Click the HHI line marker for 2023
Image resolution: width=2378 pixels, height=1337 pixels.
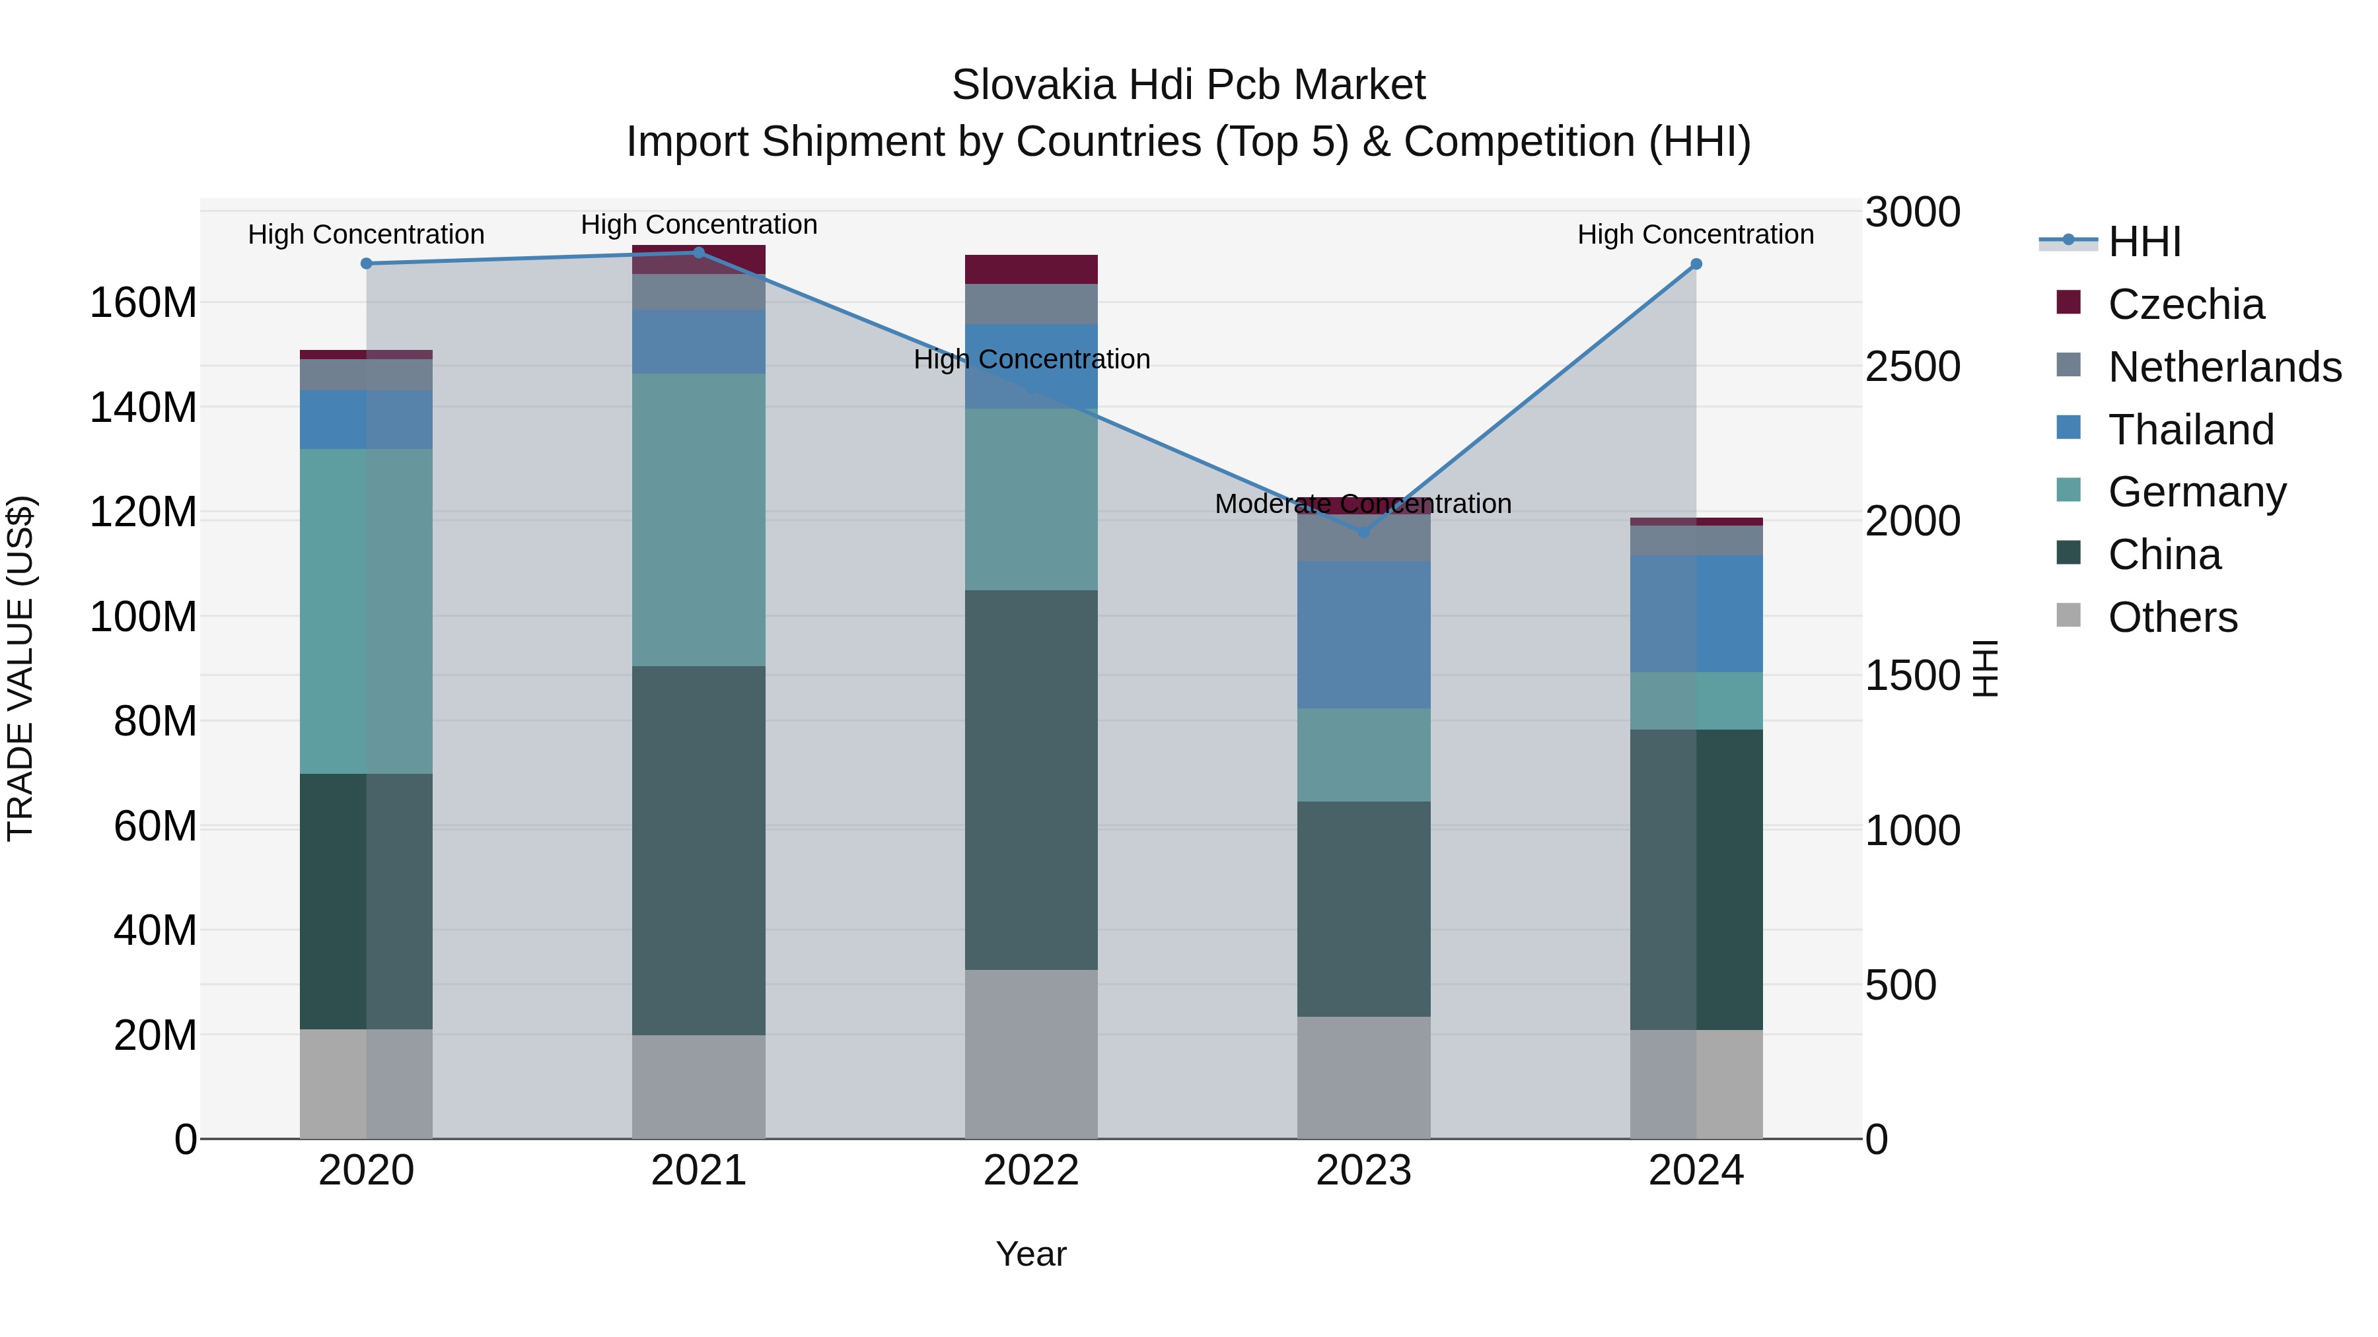pyautogui.click(x=1363, y=531)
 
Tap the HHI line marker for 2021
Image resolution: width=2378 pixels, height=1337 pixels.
pyautogui.click(x=699, y=253)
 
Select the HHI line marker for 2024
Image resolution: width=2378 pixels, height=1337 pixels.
pyautogui.click(x=1696, y=264)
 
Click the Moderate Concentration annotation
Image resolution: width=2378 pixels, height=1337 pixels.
pyautogui.click(x=1363, y=504)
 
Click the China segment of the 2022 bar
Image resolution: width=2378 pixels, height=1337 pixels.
pyautogui.click(x=1031, y=780)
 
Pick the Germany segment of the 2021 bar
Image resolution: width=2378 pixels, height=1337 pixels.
pyautogui.click(x=699, y=520)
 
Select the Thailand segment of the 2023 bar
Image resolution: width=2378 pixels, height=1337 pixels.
pyautogui.click(x=1363, y=634)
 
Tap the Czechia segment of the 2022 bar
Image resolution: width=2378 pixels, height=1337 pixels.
pyautogui.click(x=1031, y=269)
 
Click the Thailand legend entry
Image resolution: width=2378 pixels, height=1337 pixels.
pyautogui.click(x=2190, y=430)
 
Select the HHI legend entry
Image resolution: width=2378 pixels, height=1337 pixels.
pyautogui.click(x=2144, y=242)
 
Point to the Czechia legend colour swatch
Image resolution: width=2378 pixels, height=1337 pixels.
pyautogui.click(x=2069, y=302)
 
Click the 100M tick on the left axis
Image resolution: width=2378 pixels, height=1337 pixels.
pyautogui.click(x=143, y=617)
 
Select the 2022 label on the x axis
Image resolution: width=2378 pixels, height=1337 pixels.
pyautogui.click(x=1031, y=1171)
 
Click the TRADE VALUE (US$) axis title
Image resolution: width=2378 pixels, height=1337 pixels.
pyautogui.click(x=20, y=668)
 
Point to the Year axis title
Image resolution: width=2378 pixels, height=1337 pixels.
pyautogui.click(x=1031, y=1254)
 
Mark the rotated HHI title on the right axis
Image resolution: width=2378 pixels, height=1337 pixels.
pyautogui.click(x=1985, y=668)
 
